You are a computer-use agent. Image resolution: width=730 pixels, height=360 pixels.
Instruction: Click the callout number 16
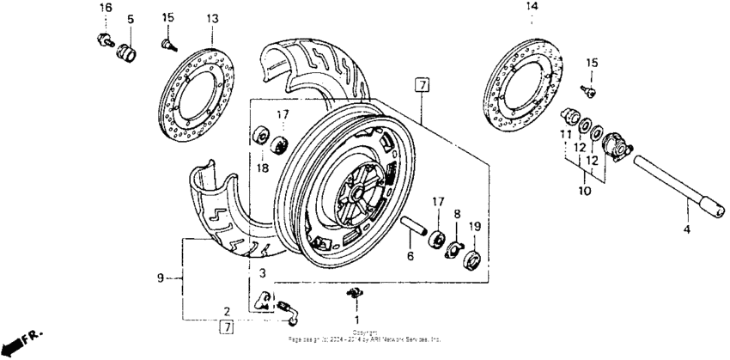click(106, 8)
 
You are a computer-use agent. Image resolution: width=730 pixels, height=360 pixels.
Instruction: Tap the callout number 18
click(263, 168)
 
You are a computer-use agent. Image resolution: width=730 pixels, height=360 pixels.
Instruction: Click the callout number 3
click(263, 272)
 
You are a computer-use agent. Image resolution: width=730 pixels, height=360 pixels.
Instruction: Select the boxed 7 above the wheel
click(420, 84)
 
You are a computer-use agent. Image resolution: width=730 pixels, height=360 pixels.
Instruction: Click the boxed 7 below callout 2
click(227, 326)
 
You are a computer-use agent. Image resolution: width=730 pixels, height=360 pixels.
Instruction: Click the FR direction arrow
click(19, 341)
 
